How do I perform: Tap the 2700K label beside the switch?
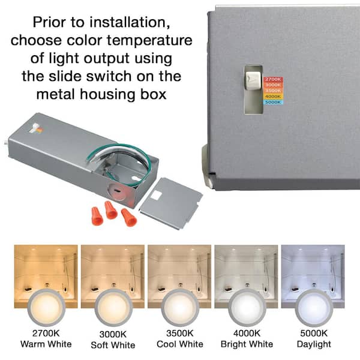(273, 79)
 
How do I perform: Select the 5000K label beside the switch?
(272, 102)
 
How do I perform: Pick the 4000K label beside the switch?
(272, 96)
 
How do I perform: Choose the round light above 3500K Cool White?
(180, 307)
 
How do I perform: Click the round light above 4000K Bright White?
(247, 307)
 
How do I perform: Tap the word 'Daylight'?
(314, 344)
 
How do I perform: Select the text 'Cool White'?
(180, 344)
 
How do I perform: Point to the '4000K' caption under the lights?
(247, 334)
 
